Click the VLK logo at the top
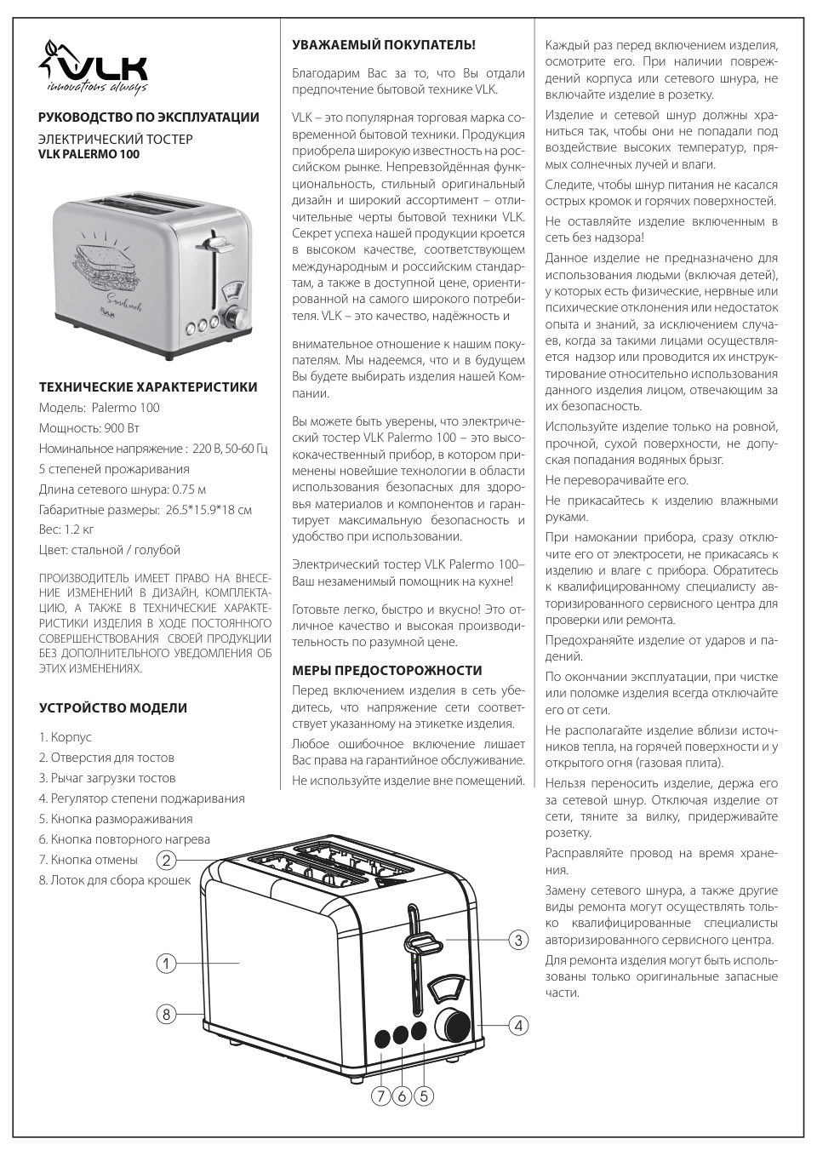pyautogui.click(x=94, y=68)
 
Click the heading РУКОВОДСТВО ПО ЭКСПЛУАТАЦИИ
pyautogui.click(x=149, y=117)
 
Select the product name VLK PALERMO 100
pyautogui.click(x=89, y=154)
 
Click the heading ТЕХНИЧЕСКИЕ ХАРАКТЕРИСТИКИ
pyautogui.click(x=148, y=386)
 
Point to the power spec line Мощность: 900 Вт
pyautogui.click(x=89, y=427)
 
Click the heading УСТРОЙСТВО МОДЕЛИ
pyautogui.click(x=113, y=707)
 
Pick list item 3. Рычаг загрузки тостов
pyautogui.click(x=107, y=778)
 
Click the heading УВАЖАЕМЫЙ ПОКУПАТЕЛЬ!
pyautogui.click(x=384, y=44)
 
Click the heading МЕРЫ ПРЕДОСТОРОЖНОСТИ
pyautogui.click(x=386, y=670)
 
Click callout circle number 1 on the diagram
pyautogui.click(x=166, y=964)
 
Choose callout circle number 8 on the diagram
pyautogui.click(x=166, y=1014)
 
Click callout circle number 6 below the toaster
pyautogui.click(x=402, y=1097)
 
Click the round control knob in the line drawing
pyautogui.click(x=452, y=1024)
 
